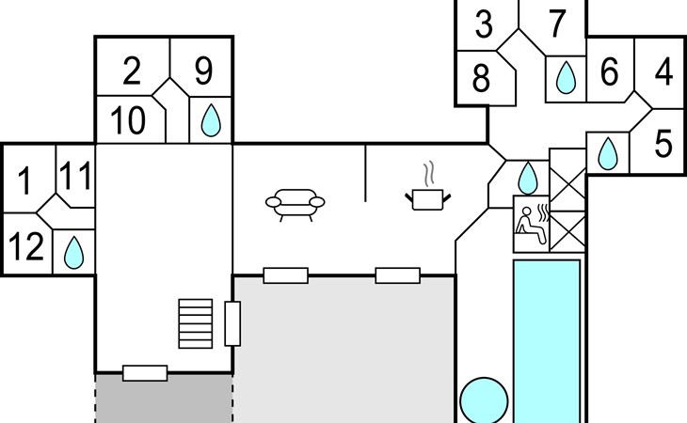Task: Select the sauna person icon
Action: [532, 224]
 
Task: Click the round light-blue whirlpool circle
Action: [484, 400]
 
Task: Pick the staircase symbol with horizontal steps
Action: [196, 323]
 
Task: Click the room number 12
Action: [26, 246]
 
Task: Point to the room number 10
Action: [127, 120]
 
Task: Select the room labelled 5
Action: [663, 144]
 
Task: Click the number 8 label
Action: [481, 78]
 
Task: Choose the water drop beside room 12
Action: [73, 253]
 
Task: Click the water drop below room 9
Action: [211, 120]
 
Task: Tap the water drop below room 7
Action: [566, 78]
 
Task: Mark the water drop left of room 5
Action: [608, 153]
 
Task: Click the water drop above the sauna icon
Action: [528, 178]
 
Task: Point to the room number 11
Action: [75, 176]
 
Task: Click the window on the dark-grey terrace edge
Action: [145, 373]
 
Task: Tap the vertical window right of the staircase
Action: [232, 323]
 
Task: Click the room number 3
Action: [484, 23]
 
